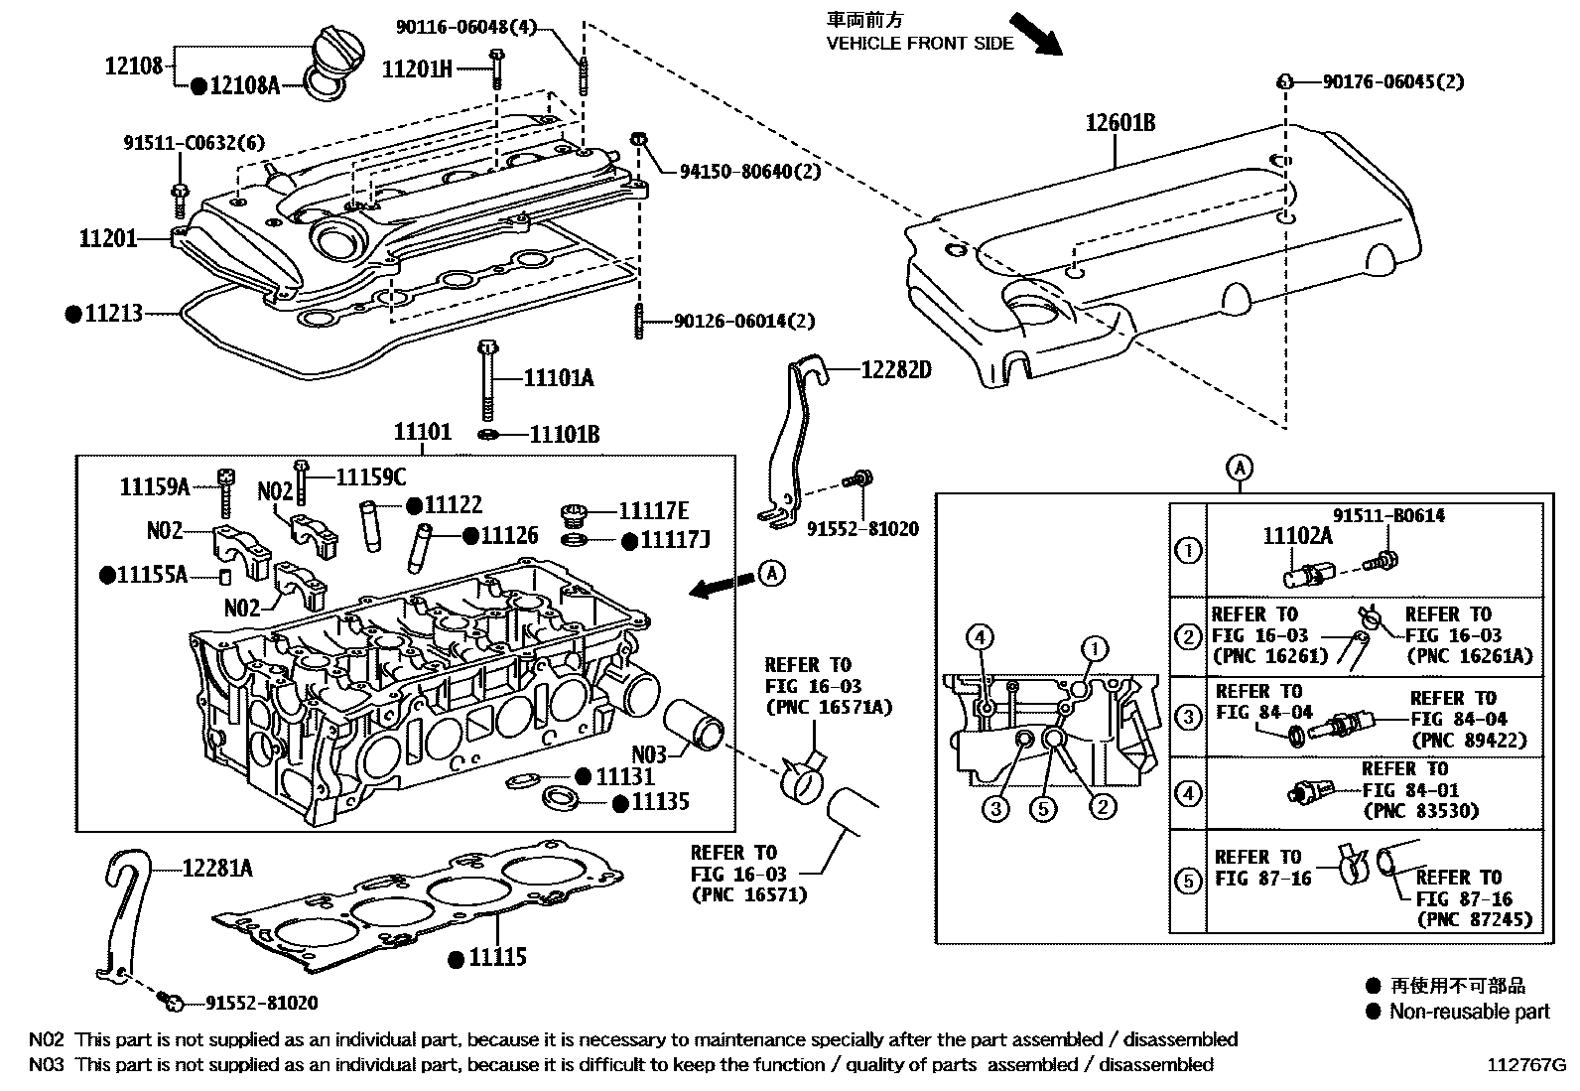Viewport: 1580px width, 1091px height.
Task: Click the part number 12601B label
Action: point(1119,123)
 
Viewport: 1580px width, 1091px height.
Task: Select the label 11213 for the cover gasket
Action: point(113,314)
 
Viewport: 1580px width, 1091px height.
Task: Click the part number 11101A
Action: point(558,378)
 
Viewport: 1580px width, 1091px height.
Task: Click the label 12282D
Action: point(896,370)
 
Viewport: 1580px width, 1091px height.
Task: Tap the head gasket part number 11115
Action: point(498,958)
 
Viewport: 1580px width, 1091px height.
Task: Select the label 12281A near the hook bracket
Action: point(216,869)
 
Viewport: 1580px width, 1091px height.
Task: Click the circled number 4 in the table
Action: point(1187,793)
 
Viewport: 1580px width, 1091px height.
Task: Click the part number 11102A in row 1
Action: point(1297,536)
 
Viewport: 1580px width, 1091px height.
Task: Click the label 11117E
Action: point(653,510)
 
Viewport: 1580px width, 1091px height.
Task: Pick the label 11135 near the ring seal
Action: point(660,802)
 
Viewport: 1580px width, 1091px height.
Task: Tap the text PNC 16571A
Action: point(829,708)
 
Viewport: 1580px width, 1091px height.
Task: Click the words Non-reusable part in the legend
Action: point(1469,1012)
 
